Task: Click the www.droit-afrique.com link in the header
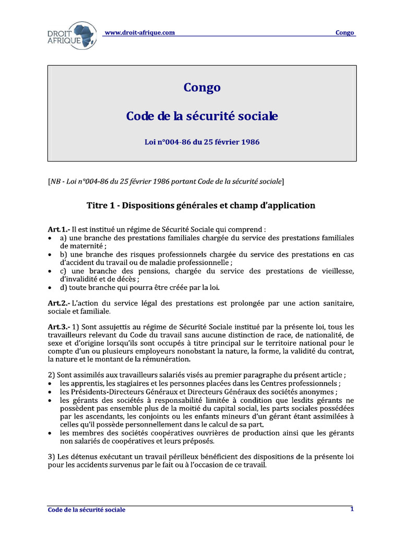140,32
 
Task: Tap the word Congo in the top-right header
345,32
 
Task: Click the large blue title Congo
202,87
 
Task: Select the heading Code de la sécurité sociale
202,116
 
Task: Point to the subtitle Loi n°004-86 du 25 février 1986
202,142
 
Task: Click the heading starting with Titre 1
201,205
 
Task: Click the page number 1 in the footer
352,509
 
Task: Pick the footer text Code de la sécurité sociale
86,509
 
